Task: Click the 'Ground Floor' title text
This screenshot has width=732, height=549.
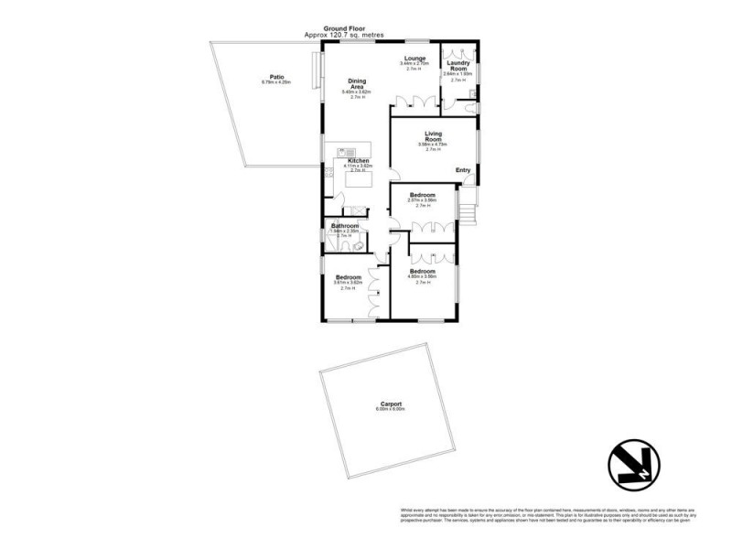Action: coord(343,28)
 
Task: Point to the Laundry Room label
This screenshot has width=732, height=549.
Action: coord(457,66)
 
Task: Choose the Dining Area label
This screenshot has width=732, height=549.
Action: coord(357,83)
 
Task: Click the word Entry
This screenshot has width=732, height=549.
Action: coord(463,169)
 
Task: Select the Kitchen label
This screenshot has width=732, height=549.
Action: coord(358,160)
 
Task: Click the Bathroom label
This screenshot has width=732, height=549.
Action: coord(344,225)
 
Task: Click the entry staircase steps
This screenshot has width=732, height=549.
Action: coord(468,213)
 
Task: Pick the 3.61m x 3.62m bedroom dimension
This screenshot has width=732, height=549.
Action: coord(350,283)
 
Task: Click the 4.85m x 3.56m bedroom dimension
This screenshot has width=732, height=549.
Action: coord(422,276)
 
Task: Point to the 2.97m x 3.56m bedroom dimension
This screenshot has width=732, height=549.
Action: coord(422,199)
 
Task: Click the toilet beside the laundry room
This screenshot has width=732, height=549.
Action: coord(469,108)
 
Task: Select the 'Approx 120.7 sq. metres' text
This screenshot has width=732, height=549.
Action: coord(343,35)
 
